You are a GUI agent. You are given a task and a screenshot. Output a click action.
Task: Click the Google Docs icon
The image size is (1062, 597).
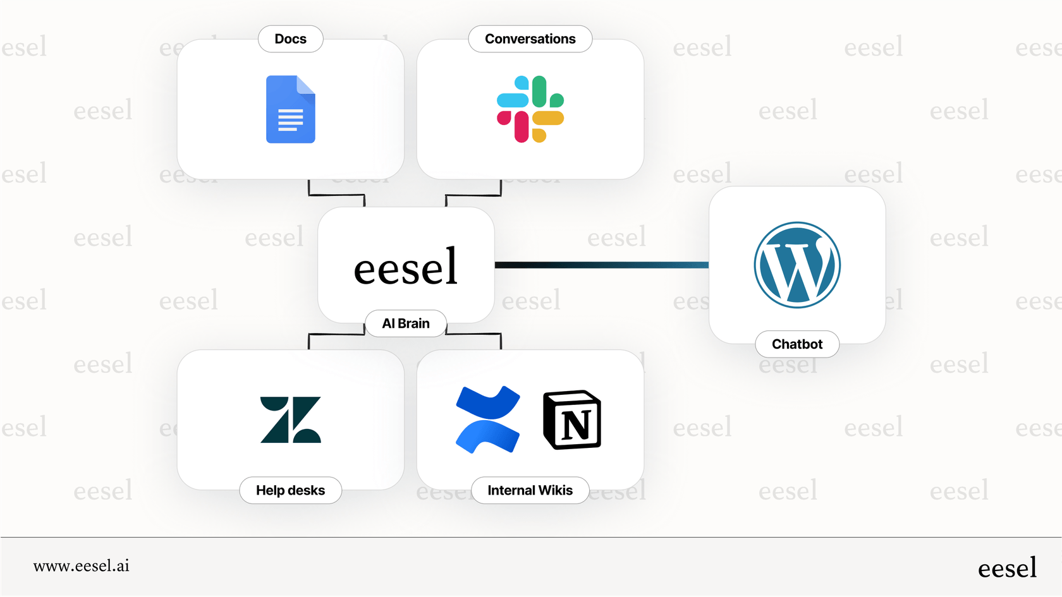tap(291, 109)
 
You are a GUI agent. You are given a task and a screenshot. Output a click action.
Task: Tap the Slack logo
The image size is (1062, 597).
tap(530, 109)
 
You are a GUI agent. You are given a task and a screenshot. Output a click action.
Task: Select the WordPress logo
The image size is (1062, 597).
tap(797, 265)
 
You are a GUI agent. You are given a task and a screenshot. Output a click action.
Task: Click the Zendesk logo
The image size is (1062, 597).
tap(291, 419)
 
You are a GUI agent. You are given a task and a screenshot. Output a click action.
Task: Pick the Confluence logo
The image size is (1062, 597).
tap(487, 419)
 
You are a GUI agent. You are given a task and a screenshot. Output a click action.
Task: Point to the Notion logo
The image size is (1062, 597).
tap(572, 419)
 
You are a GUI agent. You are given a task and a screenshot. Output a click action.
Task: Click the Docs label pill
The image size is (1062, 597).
tap(291, 39)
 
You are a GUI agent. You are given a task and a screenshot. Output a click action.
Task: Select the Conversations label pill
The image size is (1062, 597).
tap(530, 39)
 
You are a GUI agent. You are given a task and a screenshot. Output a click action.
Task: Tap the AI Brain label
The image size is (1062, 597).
tap(406, 323)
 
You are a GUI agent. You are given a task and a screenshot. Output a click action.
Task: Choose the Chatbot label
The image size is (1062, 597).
tap(797, 344)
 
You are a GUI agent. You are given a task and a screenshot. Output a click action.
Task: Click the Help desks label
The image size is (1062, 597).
tap(291, 490)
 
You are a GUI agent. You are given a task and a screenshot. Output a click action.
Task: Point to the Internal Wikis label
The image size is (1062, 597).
tap(530, 490)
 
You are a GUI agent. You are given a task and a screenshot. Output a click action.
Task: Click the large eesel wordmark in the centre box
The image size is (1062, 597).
tap(406, 267)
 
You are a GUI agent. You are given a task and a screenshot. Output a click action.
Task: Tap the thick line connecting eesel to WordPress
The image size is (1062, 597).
tap(601, 265)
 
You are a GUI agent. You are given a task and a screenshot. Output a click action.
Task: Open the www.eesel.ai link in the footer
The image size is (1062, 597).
tap(82, 566)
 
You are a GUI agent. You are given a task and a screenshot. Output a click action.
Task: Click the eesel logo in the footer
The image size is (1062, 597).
tap(1007, 568)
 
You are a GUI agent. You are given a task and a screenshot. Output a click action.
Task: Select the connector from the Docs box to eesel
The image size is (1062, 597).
tap(336, 195)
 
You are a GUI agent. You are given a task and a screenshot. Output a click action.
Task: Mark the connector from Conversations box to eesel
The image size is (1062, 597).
tap(473, 195)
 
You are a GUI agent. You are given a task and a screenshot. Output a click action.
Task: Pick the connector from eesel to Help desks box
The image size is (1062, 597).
tap(336, 334)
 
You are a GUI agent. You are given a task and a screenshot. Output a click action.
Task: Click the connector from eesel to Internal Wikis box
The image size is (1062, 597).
tap(473, 334)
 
